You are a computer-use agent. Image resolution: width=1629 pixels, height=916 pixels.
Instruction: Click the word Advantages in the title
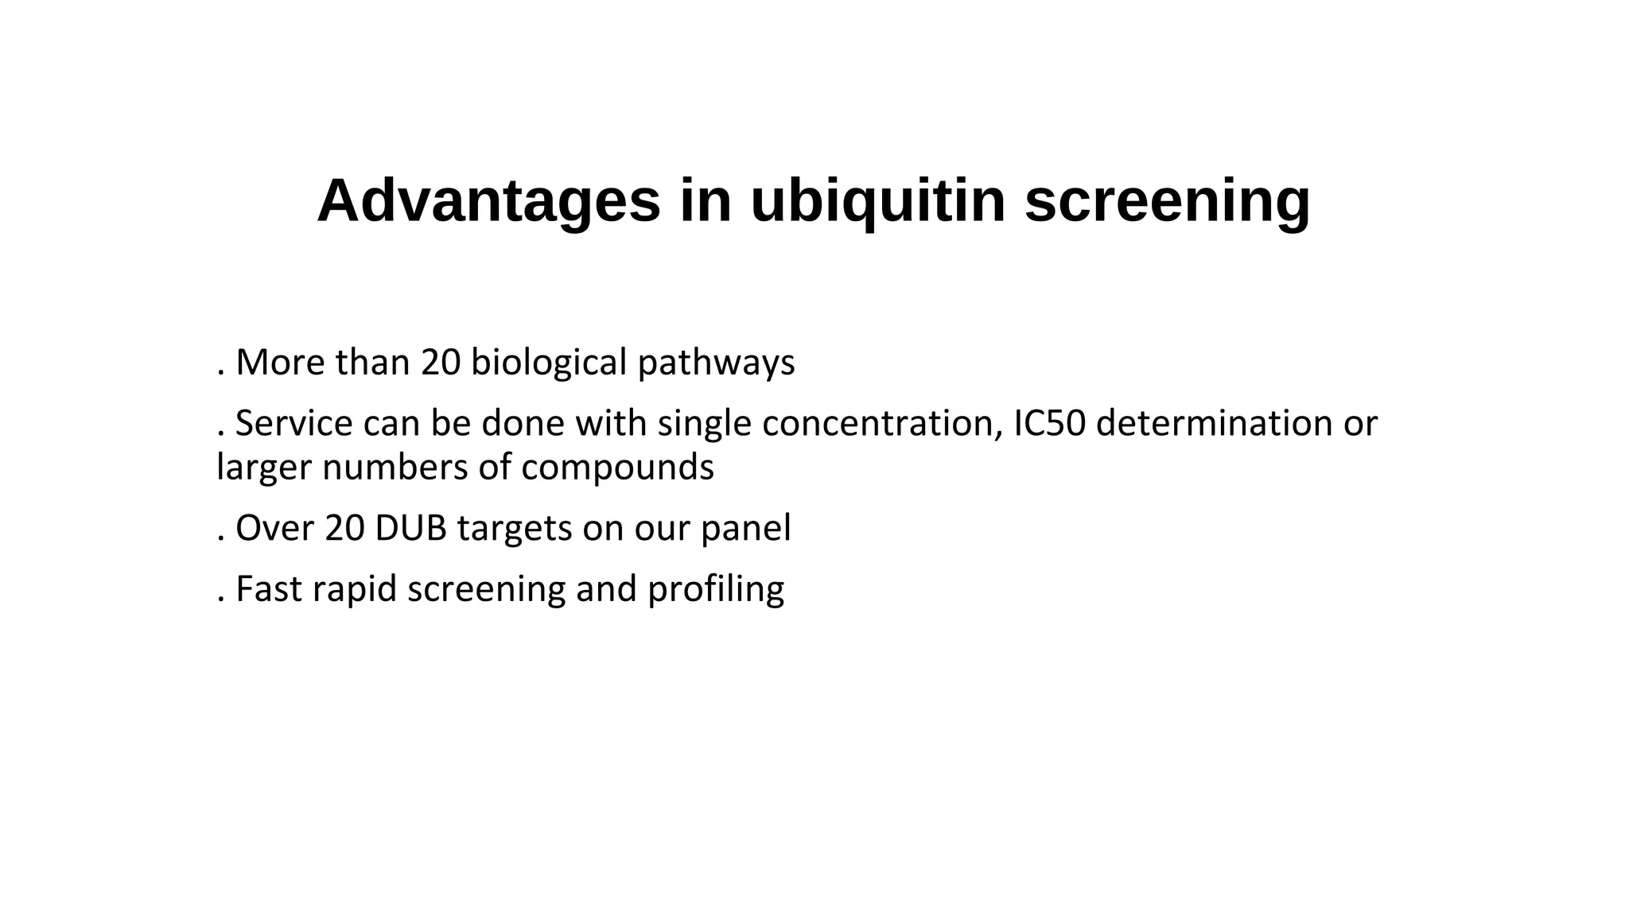tap(488, 201)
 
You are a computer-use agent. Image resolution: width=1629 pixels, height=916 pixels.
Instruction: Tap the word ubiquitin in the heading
tap(877, 201)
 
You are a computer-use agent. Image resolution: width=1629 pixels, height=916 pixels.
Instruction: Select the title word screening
tap(1167, 201)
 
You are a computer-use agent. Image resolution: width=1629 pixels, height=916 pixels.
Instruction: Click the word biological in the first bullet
tap(549, 363)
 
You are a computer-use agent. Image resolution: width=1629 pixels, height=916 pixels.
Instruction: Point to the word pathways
tap(716, 363)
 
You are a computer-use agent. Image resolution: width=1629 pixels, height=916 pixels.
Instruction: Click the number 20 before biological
tap(441, 363)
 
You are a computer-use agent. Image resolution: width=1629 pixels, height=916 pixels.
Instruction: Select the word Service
tap(294, 423)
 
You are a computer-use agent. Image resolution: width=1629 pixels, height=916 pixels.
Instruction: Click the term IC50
tap(1049, 423)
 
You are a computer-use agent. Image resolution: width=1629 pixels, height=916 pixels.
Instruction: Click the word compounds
tap(617, 468)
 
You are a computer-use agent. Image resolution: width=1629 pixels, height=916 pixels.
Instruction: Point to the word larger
tap(264, 468)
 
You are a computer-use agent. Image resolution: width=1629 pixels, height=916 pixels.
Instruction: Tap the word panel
tap(745, 529)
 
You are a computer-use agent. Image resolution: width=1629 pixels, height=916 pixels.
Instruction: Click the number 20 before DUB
tap(344, 529)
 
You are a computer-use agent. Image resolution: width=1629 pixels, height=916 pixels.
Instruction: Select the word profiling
tap(716, 590)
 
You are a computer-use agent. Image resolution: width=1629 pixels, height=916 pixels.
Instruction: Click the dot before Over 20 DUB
tap(220, 541)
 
